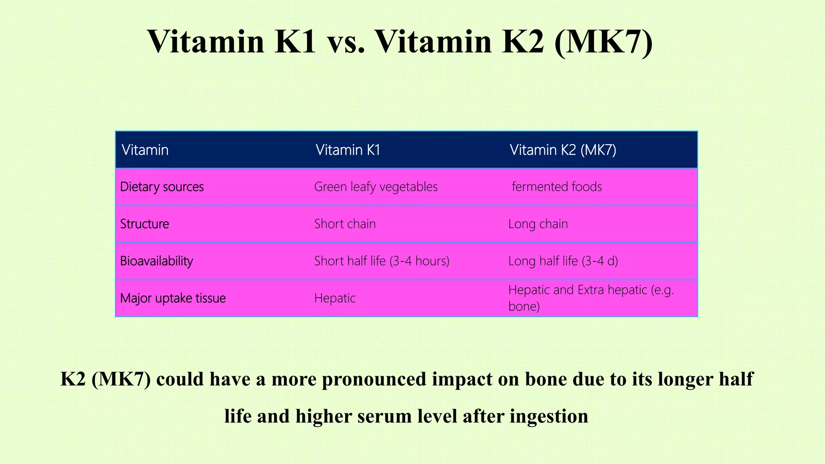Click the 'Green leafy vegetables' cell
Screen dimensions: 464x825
(x=375, y=187)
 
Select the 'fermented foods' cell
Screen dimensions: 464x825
(x=557, y=187)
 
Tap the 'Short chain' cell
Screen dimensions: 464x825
(x=345, y=224)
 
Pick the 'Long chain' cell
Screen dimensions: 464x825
(x=538, y=224)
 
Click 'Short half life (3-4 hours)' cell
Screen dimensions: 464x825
(x=381, y=261)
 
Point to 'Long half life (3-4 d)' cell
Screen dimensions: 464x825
(x=563, y=261)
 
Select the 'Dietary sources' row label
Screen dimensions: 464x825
(x=162, y=187)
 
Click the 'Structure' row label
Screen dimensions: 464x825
(x=145, y=224)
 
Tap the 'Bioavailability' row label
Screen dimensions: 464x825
(x=156, y=261)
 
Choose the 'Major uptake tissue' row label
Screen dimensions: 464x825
(x=173, y=298)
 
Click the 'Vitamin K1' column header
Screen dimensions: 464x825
(x=348, y=150)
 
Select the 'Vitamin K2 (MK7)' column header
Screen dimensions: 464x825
(x=563, y=150)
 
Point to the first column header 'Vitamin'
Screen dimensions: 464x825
(x=145, y=150)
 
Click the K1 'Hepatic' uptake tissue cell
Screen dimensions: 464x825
(x=335, y=298)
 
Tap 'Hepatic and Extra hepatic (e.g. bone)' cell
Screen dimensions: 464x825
(x=591, y=298)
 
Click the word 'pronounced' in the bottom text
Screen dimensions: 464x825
(x=374, y=379)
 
